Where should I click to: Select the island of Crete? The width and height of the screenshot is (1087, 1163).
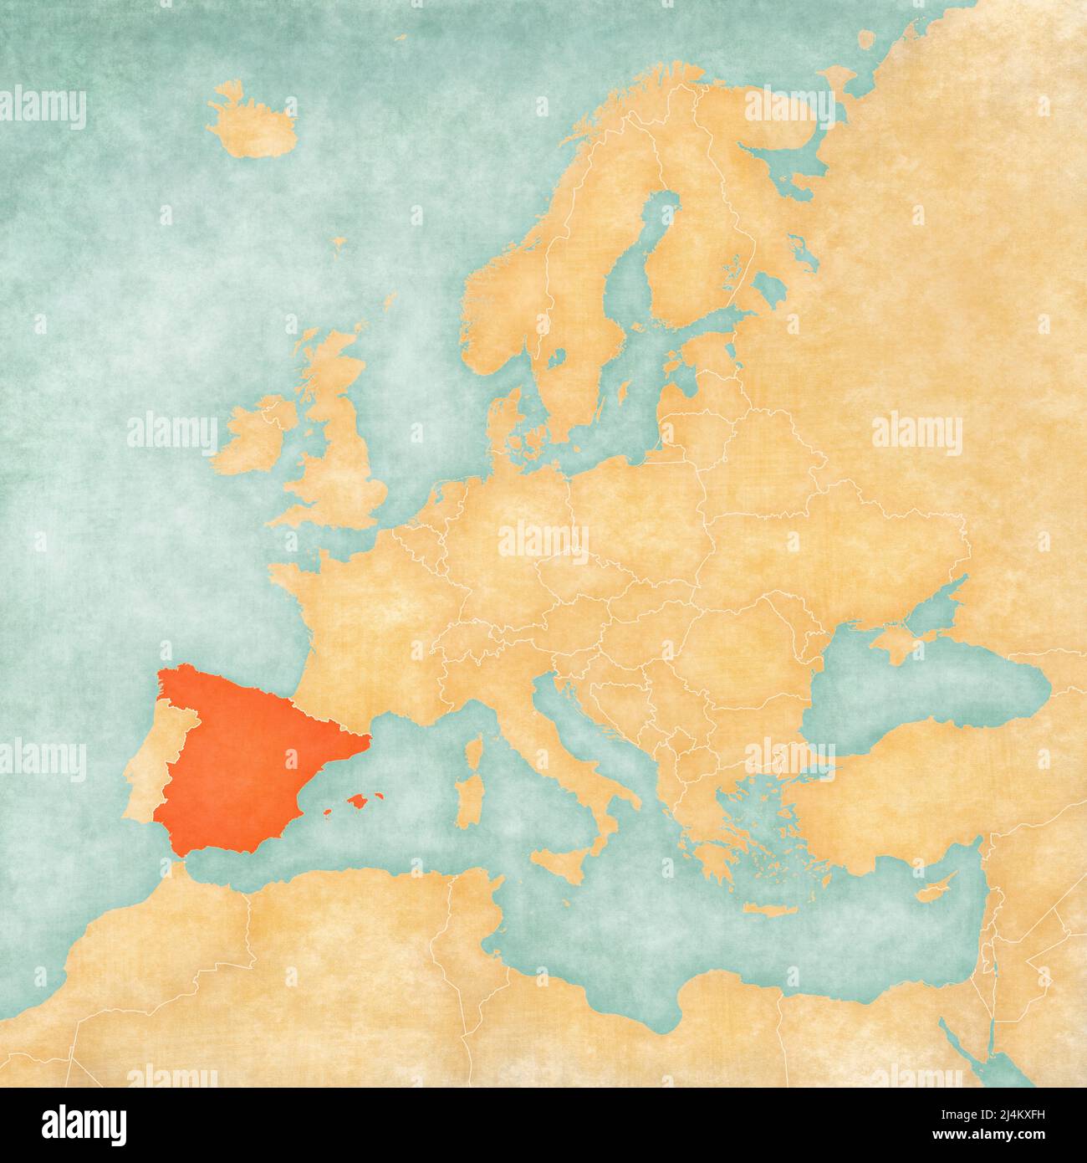coord(766,909)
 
